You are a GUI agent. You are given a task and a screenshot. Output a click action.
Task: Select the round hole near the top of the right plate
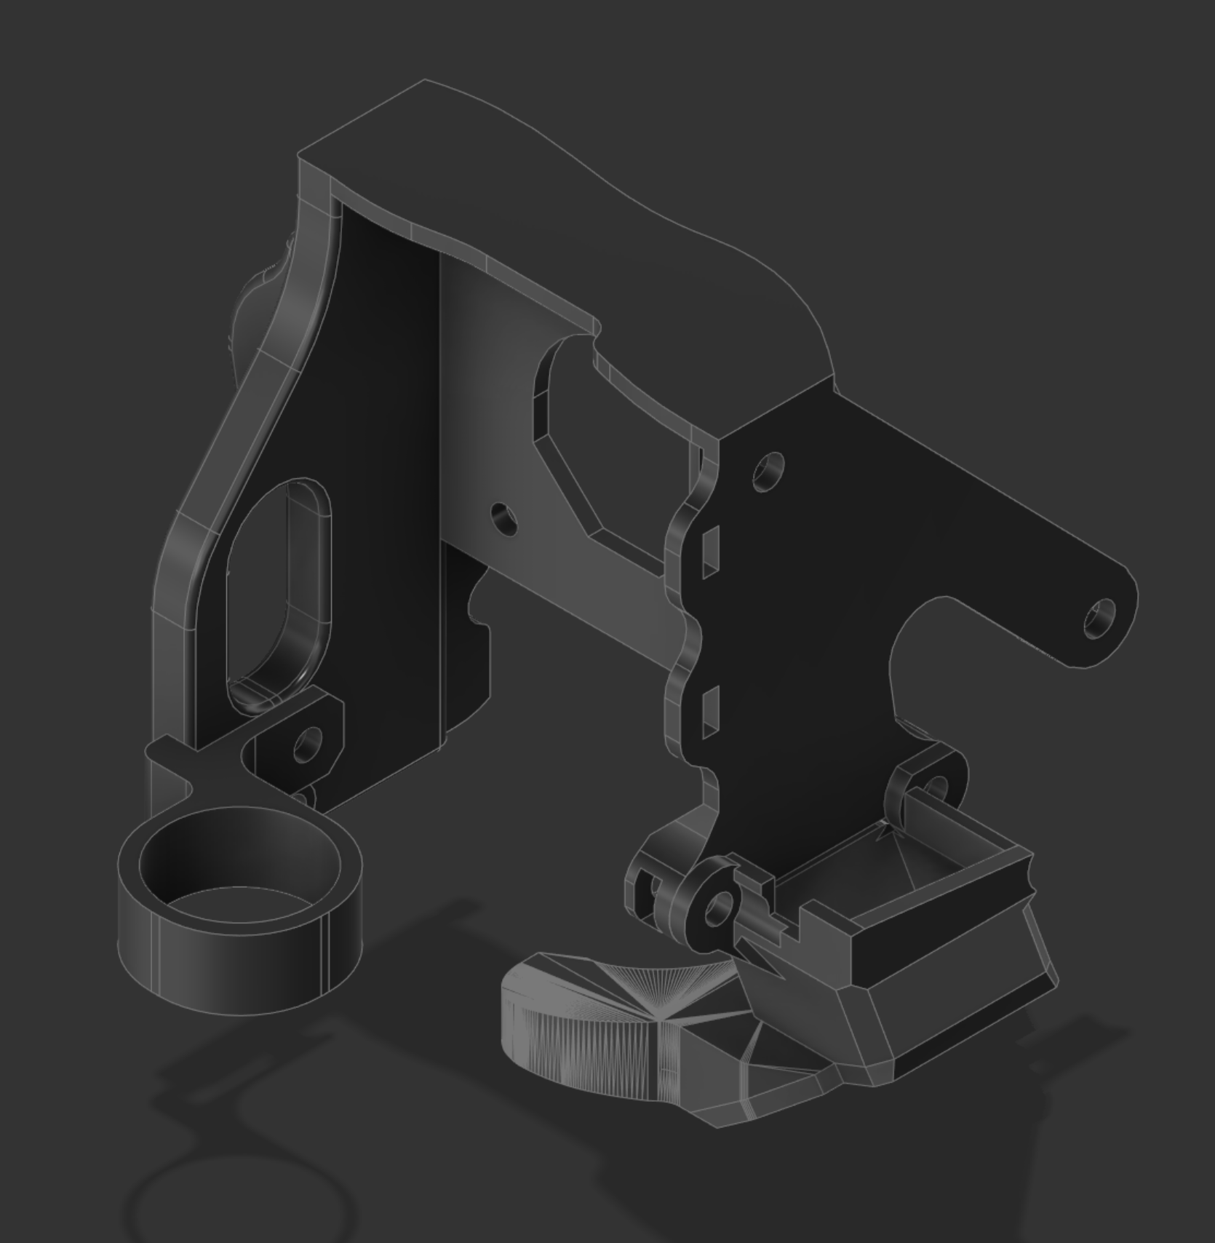pyautogui.click(x=768, y=471)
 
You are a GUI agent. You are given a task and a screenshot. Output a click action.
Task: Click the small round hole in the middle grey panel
pyautogui.click(x=503, y=519)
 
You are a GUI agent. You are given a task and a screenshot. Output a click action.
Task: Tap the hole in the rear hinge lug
pyautogui.click(x=937, y=789)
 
